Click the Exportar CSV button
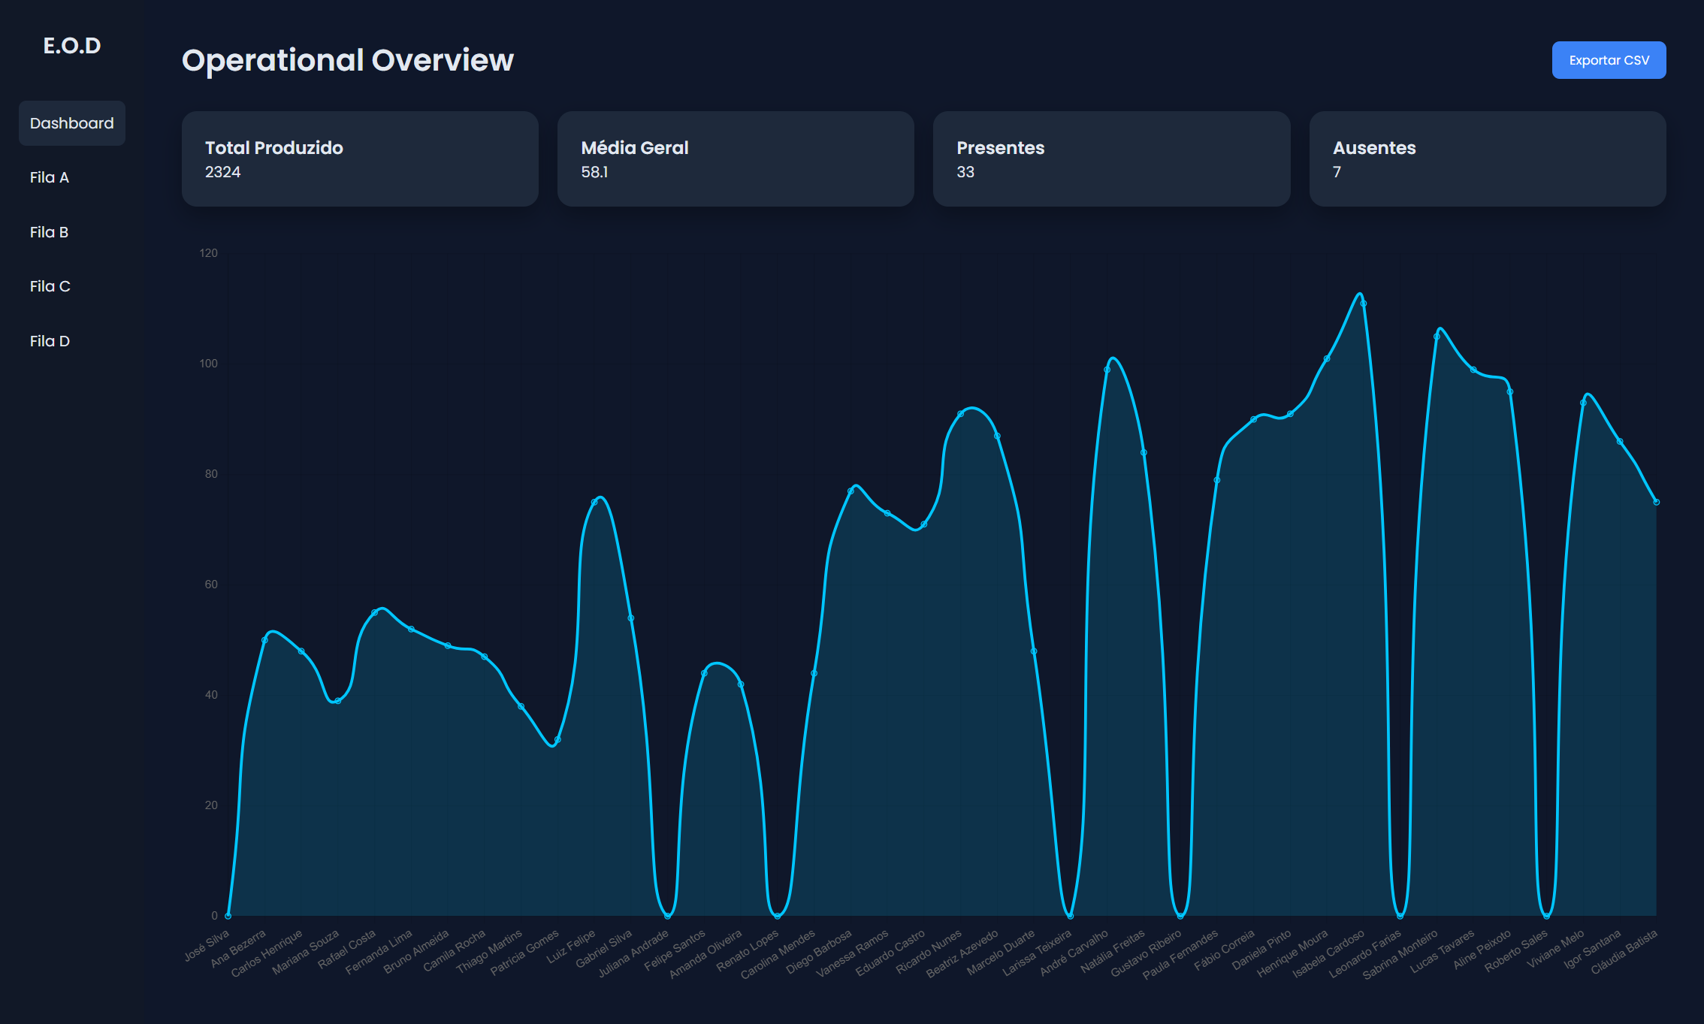1609,60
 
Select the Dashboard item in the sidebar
72,123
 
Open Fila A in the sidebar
50,177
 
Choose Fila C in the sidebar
50,286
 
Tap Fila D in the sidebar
50,341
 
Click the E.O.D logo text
72,46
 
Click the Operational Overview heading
347,60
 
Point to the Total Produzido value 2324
222,172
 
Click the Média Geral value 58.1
594,172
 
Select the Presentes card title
1000,148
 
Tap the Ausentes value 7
1337,172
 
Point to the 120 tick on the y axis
208,253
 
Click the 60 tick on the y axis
211,584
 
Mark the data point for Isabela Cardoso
1363,304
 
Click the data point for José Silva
228,916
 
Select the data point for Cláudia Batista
1656,502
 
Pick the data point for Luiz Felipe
594,502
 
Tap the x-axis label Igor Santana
1594,949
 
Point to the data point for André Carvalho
1107,370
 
